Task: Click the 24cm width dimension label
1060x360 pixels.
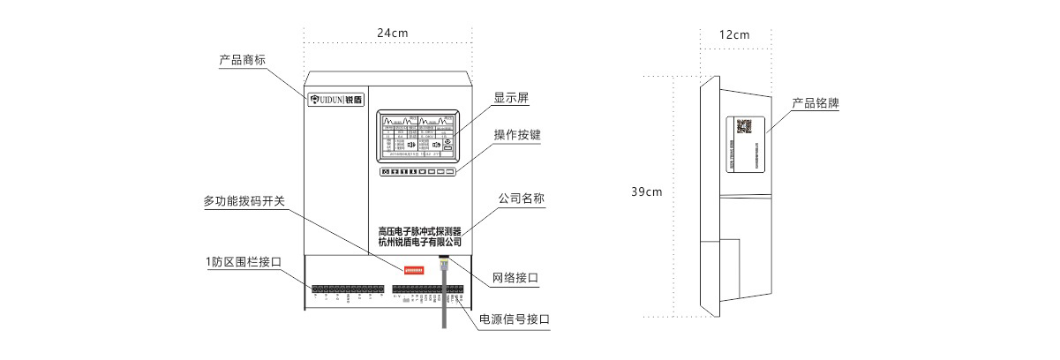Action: tap(392, 33)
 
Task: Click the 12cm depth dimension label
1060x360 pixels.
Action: tap(733, 35)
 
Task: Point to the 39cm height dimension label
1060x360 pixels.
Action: tap(647, 191)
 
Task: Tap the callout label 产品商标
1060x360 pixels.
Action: tap(243, 60)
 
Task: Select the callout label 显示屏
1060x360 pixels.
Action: tap(511, 98)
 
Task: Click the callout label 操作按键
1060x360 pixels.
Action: tap(517, 135)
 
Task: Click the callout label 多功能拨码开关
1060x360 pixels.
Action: tap(244, 201)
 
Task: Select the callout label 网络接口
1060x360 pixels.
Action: tap(515, 278)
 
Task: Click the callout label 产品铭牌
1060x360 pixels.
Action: tap(815, 103)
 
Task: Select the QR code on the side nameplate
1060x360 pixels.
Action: tap(743, 126)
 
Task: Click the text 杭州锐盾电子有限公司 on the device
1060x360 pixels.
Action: tap(419, 241)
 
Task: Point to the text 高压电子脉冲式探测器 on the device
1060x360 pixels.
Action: tap(419, 230)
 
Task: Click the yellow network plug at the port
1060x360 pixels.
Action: tap(444, 261)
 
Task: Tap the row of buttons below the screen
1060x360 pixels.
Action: tap(419, 172)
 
